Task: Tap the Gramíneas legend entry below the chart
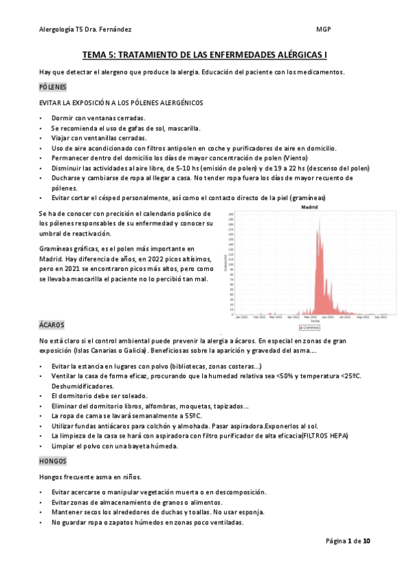pyautogui.click(x=311, y=309)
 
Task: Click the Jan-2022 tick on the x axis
pyautogui.click(x=241, y=298)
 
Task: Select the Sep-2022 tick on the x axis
pyautogui.click(x=382, y=298)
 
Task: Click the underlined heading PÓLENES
pyautogui.click(x=52, y=87)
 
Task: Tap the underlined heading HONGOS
pyautogui.click(x=53, y=462)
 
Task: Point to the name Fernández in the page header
pyautogui.click(x=115, y=30)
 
